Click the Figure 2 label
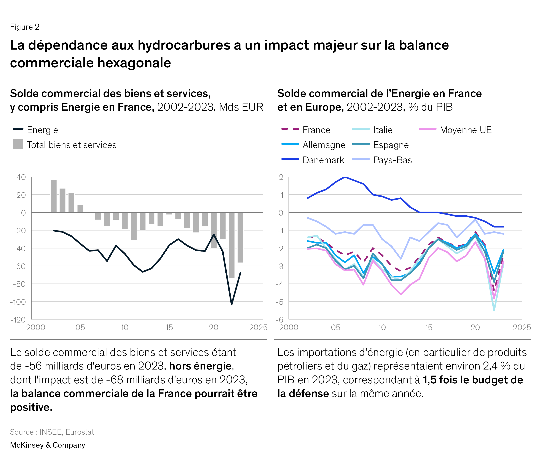tap(24, 27)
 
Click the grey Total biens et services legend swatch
tap(18, 144)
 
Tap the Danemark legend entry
tap(313, 160)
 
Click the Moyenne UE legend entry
tap(455, 130)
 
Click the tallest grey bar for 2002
tap(54, 196)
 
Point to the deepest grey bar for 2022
tap(231, 245)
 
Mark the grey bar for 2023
tap(240, 237)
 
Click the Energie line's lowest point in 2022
tap(231, 304)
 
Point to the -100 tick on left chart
tap(18, 302)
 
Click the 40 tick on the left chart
tap(21, 177)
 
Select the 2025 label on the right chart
tap(522, 327)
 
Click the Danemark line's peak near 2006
tap(345, 177)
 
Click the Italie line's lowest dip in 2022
tap(494, 310)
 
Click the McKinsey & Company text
tap(47, 445)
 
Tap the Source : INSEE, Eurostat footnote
tap(52, 432)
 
